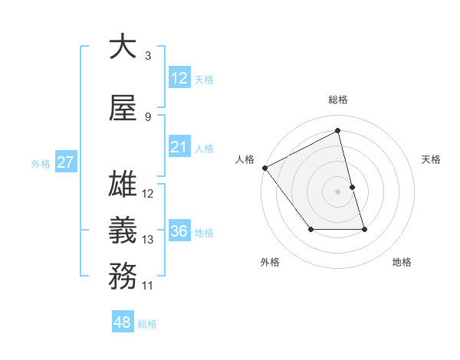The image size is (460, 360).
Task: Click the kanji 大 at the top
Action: point(123,47)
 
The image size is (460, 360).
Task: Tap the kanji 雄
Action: point(123,186)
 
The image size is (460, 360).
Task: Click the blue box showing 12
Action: point(179,78)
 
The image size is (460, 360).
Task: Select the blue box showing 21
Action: point(179,147)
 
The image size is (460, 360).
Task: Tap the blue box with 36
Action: point(179,231)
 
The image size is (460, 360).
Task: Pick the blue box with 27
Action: point(65,162)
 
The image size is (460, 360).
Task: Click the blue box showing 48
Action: point(123,322)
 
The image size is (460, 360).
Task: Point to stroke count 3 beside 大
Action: point(147,55)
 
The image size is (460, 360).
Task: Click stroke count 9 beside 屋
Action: point(147,116)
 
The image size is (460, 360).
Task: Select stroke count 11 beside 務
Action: point(148,285)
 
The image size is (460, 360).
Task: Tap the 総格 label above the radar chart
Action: point(337,100)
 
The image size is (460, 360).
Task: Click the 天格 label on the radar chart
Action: point(431,159)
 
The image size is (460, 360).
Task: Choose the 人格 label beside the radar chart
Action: point(245,159)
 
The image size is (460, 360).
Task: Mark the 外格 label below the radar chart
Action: point(270,263)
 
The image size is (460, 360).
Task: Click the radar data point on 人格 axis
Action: point(264,168)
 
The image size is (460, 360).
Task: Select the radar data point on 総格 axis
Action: point(337,131)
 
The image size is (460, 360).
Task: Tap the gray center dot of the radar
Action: point(337,191)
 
